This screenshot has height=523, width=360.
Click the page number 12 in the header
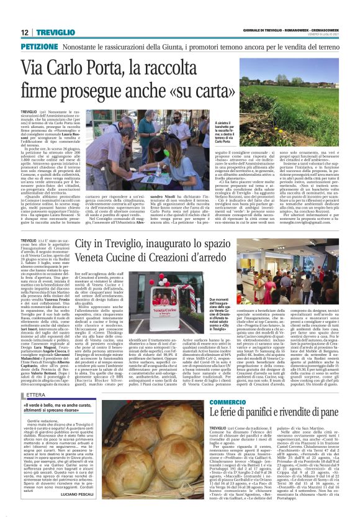(24, 32)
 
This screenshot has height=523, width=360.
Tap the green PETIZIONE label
(40, 47)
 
